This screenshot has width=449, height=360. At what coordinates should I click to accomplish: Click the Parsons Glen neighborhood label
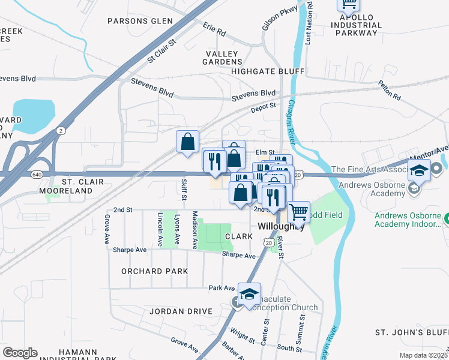point(140,21)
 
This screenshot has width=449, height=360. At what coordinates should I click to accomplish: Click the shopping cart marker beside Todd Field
point(298,212)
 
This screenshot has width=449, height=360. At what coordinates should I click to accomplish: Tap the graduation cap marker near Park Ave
point(249,293)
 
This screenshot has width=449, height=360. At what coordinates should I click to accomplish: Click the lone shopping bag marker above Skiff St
point(188,142)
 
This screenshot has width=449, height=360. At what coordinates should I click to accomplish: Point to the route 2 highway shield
point(61,130)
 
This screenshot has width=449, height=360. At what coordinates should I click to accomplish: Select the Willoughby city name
point(282,227)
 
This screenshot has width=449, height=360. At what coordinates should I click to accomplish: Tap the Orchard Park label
point(154,271)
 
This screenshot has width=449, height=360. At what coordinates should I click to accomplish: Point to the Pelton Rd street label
point(390,91)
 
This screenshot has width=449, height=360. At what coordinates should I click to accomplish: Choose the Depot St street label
point(262,106)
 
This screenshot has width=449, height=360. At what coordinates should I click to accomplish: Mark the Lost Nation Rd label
point(309,22)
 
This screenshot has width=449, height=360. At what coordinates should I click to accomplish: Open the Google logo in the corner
point(20,353)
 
